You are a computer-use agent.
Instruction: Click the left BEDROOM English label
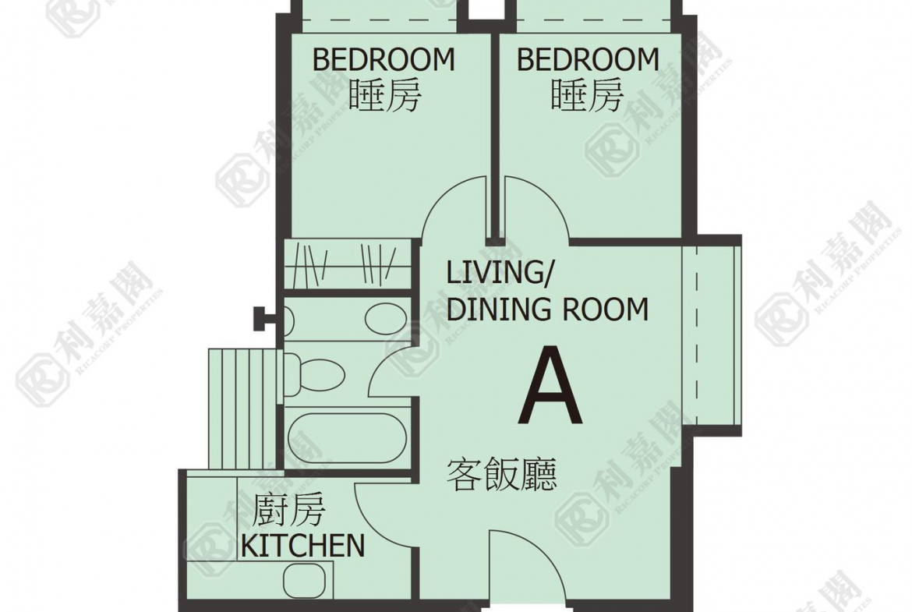384,60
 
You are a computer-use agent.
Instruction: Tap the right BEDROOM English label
588,60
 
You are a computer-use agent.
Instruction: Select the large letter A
550,386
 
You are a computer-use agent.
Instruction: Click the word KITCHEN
302,546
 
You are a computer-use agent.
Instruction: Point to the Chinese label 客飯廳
501,475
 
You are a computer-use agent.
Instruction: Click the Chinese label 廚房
288,510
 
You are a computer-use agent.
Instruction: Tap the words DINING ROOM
547,309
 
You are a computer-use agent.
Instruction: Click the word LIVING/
498,273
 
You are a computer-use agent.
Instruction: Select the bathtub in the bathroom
347,438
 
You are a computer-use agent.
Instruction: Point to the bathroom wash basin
386,318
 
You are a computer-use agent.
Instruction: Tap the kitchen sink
304,580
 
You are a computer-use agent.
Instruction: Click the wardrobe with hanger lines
348,264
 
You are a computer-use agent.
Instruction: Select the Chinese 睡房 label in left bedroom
384,95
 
